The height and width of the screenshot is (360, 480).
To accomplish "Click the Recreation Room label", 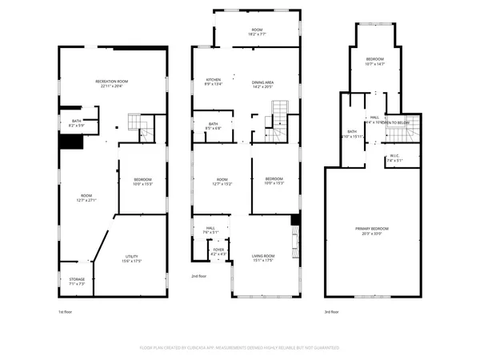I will click(x=112, y=81).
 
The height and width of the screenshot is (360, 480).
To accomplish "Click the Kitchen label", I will click(x=214, y=79).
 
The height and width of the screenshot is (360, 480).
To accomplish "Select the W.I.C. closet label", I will click(x=394, y=155).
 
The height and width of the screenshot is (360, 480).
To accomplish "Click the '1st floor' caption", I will click(x=65, y=312).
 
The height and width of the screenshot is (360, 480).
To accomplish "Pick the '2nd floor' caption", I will click(x=199, y=276).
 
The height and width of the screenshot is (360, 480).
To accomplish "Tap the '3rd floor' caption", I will click(x=331, y=312).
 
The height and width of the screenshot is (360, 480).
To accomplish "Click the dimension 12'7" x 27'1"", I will click(x=86, y=201).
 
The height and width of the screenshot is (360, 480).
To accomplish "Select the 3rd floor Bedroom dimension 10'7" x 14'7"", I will click(x=375, y=63).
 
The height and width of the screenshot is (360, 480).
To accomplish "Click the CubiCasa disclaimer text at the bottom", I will click(x=240, y=348).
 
